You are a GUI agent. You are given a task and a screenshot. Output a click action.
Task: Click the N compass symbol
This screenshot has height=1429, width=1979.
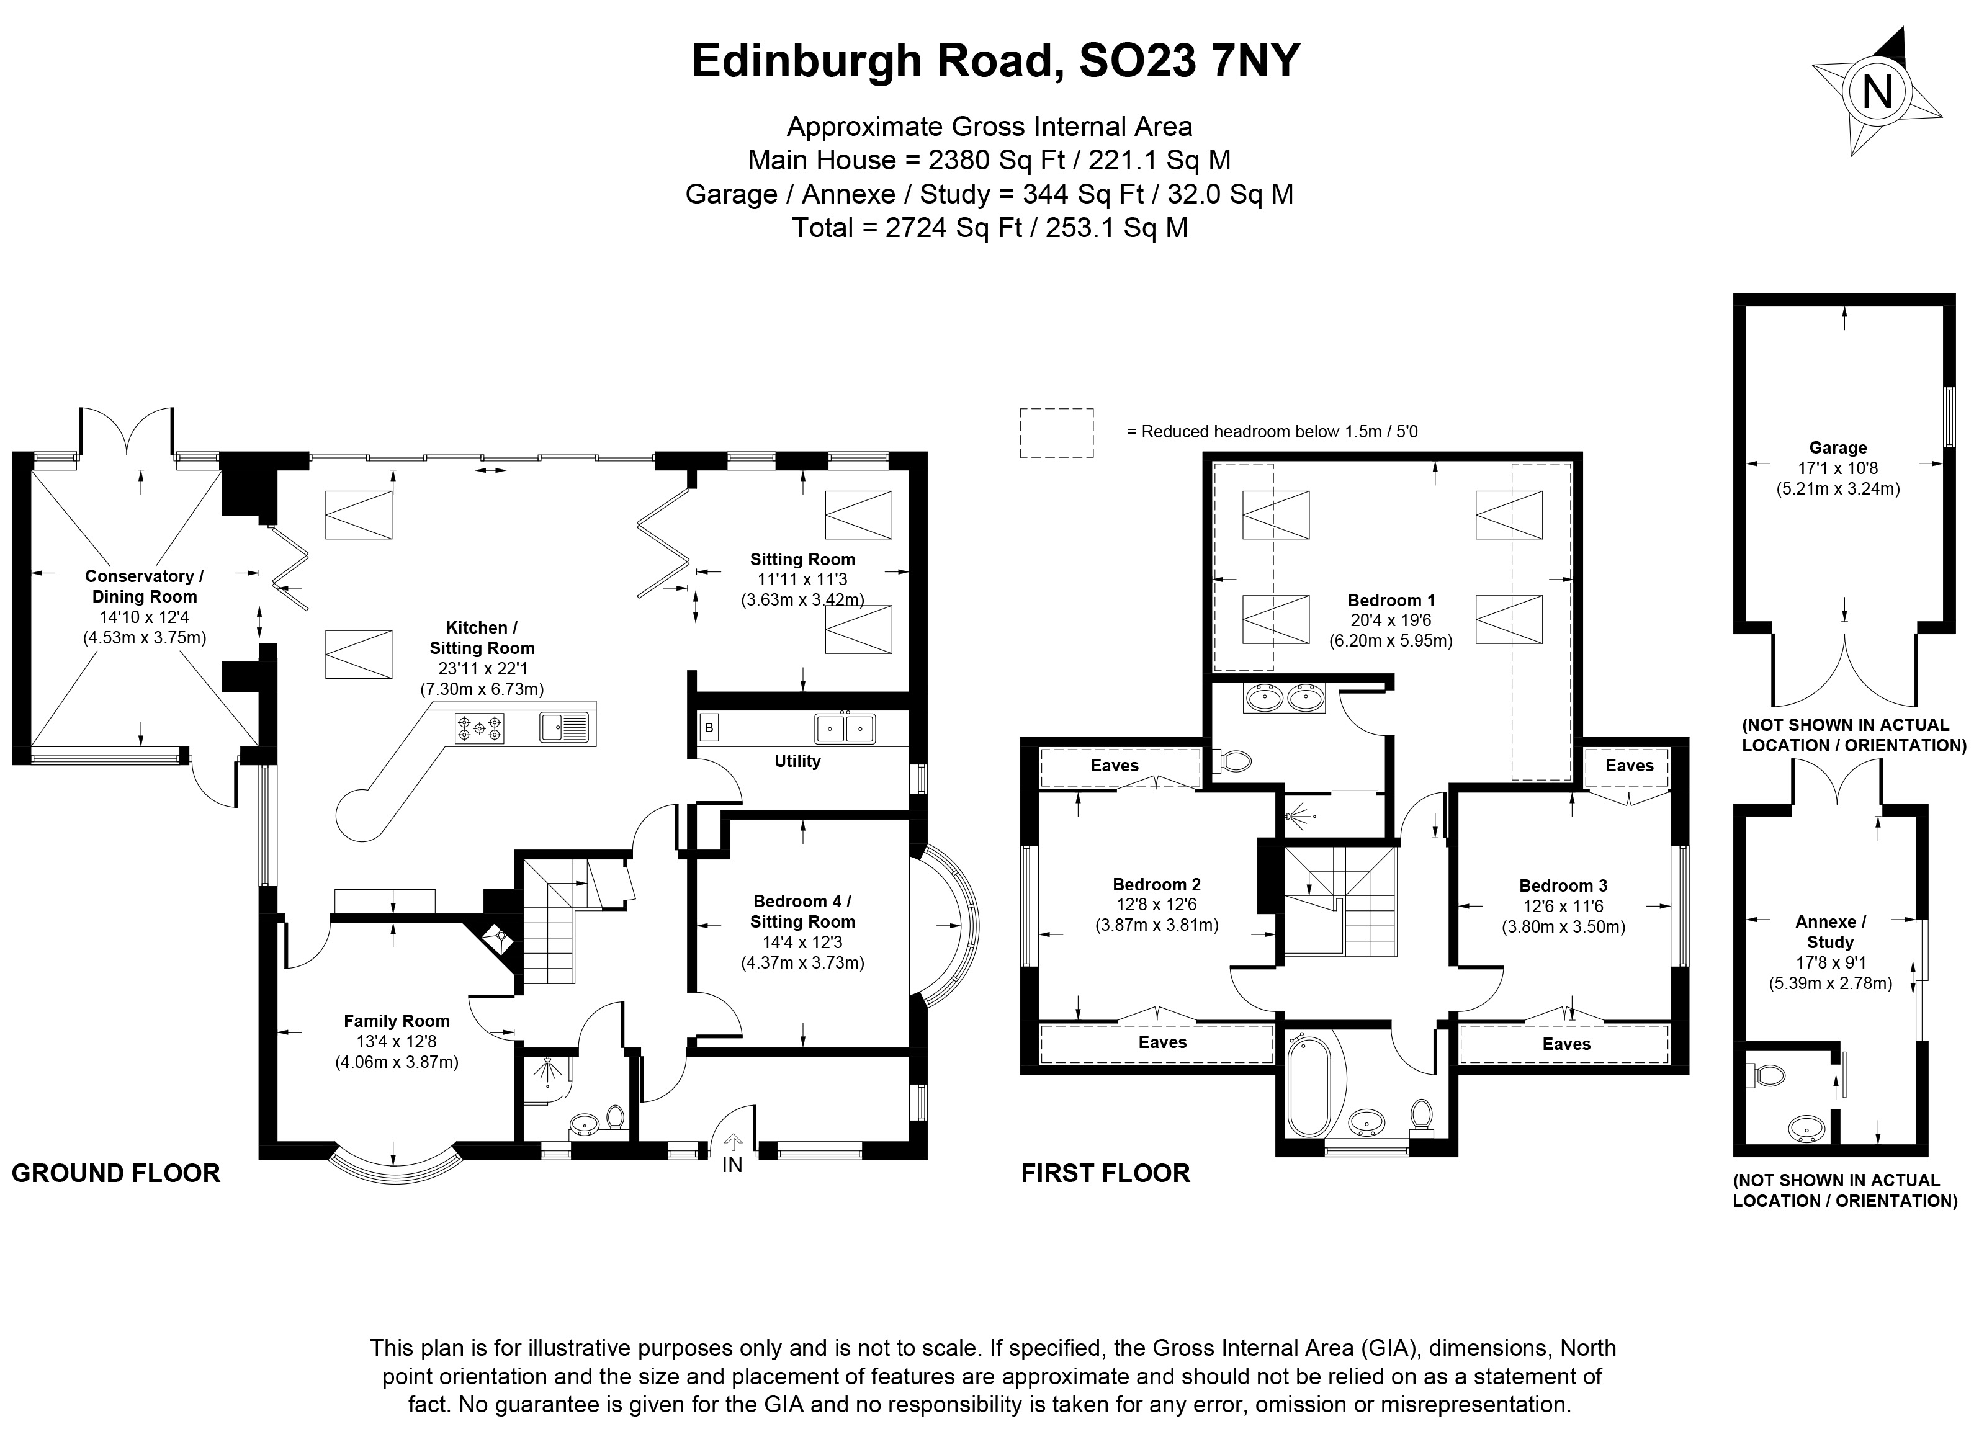(1876, 91)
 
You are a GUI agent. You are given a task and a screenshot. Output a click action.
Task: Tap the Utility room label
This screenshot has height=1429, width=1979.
(797, 761)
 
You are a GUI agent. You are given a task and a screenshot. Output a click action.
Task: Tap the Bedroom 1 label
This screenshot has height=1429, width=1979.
(1391, 600)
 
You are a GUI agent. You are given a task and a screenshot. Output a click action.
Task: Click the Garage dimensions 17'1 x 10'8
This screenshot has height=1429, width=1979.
(1838, 468)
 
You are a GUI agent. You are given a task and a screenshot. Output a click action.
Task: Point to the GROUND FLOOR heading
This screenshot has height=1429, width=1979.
(116, 1173)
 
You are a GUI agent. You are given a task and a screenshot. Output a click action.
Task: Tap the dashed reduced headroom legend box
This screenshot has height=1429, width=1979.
(1057, 432)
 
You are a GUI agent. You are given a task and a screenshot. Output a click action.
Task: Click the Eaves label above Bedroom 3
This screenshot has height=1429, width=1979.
(1628, 765)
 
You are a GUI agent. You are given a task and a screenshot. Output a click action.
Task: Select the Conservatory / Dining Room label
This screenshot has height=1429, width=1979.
(144, 586)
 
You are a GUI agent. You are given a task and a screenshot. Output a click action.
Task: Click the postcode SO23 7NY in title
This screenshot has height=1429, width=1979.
(1189, 61)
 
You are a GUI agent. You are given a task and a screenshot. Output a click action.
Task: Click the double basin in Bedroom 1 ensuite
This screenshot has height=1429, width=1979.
(1285, 698)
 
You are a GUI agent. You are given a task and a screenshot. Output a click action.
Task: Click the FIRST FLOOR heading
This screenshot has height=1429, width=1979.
(1106, 1173)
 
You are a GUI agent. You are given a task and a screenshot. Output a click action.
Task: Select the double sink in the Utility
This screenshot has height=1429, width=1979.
(845, 728)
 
